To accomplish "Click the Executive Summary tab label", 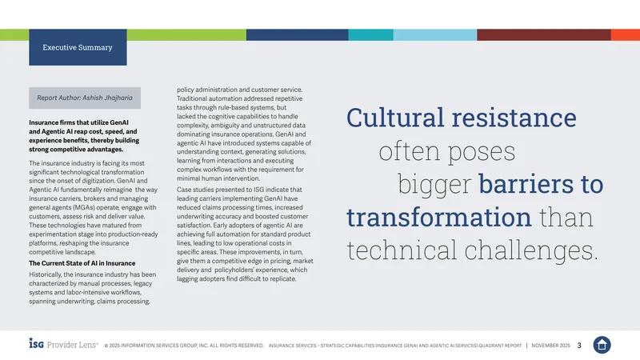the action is (x=78, y=47).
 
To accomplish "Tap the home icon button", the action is (x=602, y=345).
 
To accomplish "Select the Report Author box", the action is (x=85, y=98).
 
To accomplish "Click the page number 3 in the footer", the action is (x=579, y=346).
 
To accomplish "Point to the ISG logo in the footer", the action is (x=36, y=343).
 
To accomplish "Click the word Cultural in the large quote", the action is (x=395, y=118).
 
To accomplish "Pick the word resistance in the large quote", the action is (x=514, y=118).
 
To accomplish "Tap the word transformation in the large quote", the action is (x=439, y=217).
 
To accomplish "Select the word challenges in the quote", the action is (x=531, y=250).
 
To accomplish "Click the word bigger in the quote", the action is (x=434, y=185).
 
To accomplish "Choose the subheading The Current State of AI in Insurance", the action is (x=82, y=263).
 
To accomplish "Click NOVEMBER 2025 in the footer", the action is (x=550, y=346).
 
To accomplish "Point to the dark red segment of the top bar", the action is (x=544, y=34).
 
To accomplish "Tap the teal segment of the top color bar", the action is (x=370, y=34).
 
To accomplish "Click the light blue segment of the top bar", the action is (x=435, y=34).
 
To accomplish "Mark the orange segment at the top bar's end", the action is (x=626, y=34).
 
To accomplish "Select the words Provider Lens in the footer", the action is (x=72, y=345).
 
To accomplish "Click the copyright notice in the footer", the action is (x=184, y=346).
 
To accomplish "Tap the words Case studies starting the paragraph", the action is (x=193, y=190).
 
